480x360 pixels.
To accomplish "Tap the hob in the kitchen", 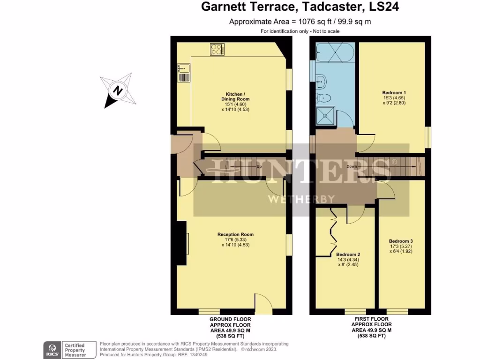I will pos(217,49).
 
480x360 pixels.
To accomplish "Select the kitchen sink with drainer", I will pos(183,73).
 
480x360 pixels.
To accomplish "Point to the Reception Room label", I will pos(235,234).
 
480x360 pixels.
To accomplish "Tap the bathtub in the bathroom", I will pos(334,52).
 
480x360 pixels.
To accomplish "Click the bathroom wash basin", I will pos(321,82).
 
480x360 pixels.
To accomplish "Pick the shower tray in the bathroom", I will pos(324,116).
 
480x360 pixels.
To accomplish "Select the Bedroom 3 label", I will pos(400,241).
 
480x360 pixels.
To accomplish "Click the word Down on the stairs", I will pos(352,166).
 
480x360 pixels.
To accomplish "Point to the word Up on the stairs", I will pos(259,166).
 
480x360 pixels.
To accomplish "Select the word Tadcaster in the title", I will pos(323,7).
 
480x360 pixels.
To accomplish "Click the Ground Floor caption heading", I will pos(230,319).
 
